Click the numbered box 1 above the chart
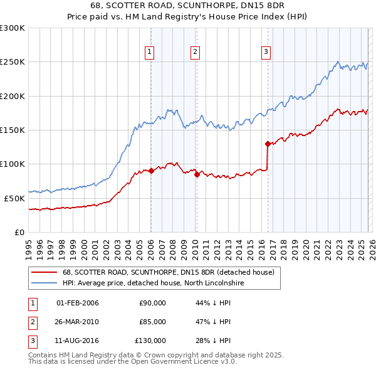tap(150, 52)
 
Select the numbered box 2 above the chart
tap(196, 52)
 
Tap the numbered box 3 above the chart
tap(266, 52)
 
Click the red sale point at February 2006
tap(151, 171)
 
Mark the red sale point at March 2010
tap(197, 174)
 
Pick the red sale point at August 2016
tap(268, 144)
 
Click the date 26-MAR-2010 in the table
tap(78, 322)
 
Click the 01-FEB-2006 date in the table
tap(78, 303)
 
